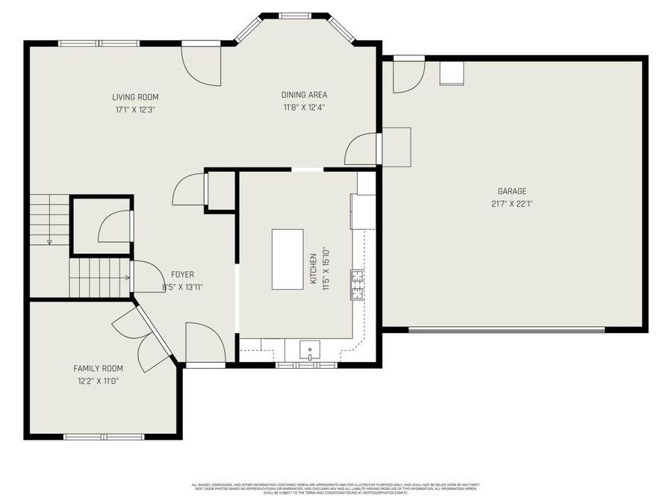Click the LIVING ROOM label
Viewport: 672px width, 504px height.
[x=135, y=97]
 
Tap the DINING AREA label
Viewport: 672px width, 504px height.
[x=304, y=95]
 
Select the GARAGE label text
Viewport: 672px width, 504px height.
[x=512, y=191]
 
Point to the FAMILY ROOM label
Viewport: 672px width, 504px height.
[x=98, y=368]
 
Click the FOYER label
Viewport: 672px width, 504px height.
[x=183, y=275]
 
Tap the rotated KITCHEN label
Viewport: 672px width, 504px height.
[x=314, y=270]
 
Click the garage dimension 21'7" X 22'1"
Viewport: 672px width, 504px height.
[x=512, y=203]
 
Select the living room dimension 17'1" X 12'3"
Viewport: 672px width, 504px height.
[x=135, y=109]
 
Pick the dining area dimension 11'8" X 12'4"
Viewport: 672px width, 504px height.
[x=304, y=107]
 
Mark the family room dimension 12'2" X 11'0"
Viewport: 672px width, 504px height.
[x=98, y=380]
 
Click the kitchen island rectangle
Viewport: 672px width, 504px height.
[x=287, y=259]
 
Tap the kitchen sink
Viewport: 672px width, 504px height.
[x=309, y=349]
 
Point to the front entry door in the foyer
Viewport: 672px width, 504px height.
[x=205, y=344]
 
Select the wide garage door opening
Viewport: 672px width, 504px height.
[x=506, y=329]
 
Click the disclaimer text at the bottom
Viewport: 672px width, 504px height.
[x=336, y=488]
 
